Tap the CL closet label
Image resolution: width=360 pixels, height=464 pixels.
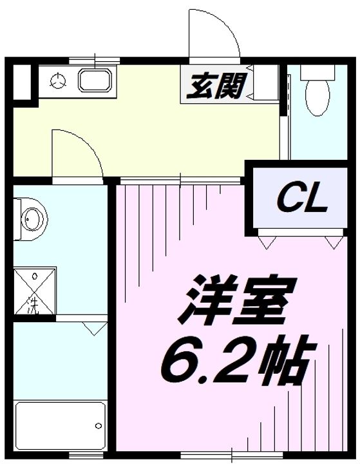coord(303,200)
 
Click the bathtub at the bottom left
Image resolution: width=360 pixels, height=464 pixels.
coord(59,426)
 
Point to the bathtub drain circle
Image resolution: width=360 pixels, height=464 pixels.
coord(97,426)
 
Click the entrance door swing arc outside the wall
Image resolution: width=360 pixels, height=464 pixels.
coord(213,35)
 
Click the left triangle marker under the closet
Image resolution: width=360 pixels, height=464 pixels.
coord(266,242)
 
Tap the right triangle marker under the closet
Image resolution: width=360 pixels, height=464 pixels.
coord(332,242)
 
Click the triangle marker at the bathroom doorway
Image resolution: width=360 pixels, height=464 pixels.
coord(94,329)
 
